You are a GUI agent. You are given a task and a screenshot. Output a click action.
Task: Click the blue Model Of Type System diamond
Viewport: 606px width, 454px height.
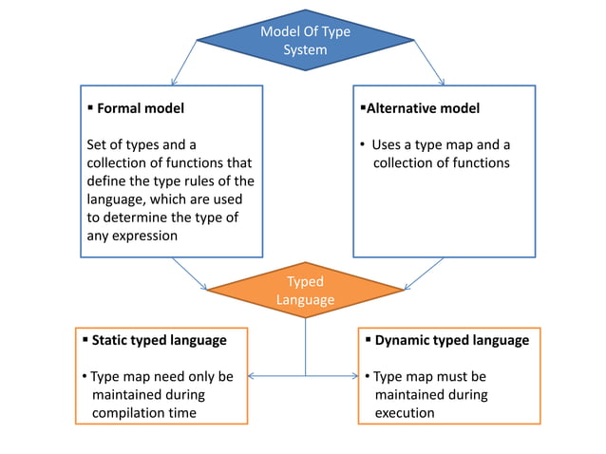(305, 40)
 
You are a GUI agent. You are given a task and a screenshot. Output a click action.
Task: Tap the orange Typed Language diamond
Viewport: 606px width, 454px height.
(305, 291)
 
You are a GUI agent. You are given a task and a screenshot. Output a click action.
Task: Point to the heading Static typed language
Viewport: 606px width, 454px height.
(159, 339)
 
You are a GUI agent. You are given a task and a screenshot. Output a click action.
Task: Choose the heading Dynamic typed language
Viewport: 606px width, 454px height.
(452, 339)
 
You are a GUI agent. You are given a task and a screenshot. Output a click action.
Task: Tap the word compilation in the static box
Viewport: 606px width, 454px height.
(129, 412)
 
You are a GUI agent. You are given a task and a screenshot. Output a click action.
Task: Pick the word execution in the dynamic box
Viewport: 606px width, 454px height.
(405, 412)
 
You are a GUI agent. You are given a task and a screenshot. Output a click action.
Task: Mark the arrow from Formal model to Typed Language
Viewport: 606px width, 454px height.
(190, 273)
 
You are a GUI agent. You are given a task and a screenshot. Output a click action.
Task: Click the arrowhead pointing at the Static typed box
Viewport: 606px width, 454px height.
(254, 376)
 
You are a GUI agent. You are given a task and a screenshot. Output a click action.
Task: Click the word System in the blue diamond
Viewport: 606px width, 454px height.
(305, 49)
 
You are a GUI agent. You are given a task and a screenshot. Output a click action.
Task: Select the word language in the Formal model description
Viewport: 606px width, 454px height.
(115, 199)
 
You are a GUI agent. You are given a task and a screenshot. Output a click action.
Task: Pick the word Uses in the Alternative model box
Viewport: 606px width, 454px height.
(388, 145)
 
